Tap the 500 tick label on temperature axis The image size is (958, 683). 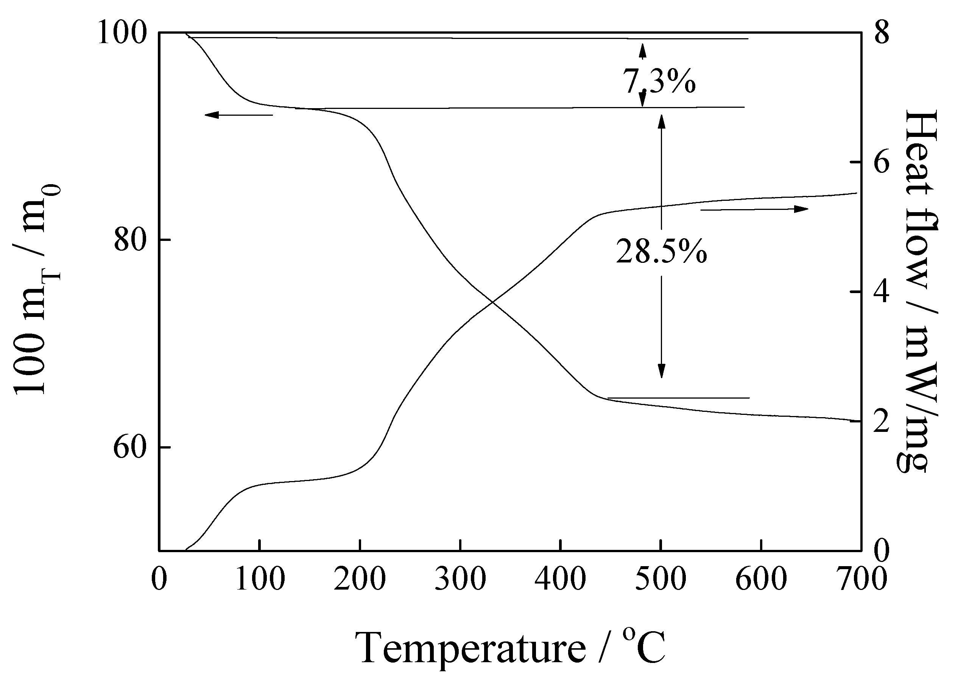point(661,579)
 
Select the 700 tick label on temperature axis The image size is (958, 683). point(861,579)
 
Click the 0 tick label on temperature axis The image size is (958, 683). point(159,579)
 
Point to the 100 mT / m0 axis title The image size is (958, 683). point(37,290)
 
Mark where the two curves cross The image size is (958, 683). point(492,302)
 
